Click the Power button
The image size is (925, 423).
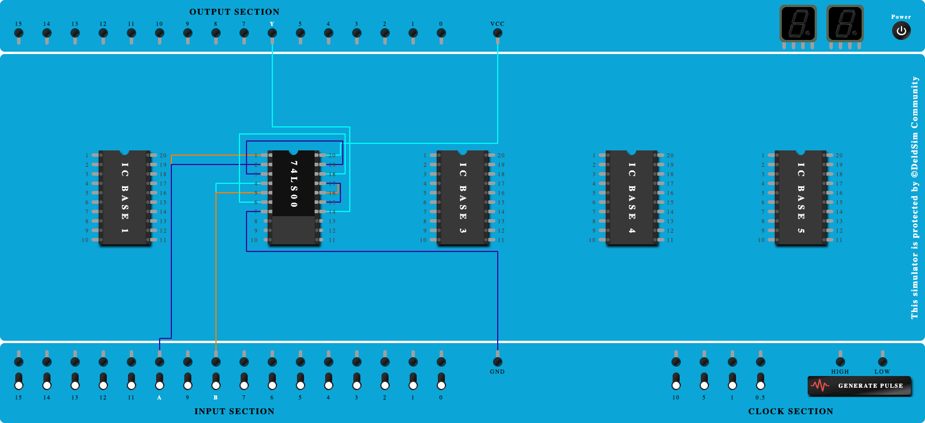click(901, 31)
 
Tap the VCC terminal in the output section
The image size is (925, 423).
click(498, 33)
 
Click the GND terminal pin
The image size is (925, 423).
click(498, 361)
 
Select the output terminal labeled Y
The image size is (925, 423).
click(272, 33)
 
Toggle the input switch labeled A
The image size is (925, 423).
click(160, 381)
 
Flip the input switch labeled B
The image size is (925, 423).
click(216, 381)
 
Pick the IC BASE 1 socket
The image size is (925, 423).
click(125, 197)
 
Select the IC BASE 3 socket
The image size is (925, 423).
click(463, 197)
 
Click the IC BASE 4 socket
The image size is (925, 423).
click(632, 197)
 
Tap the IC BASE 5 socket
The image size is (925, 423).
click(801, 197)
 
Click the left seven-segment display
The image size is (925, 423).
click(798, 24)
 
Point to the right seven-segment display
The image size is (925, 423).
click(845, 24)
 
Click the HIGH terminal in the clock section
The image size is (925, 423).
click(840, 361)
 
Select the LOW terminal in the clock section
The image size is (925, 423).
click(883, 361)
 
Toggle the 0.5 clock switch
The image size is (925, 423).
click(761, 381)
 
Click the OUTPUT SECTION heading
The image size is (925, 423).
click(234, 12)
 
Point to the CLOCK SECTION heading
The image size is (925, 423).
click(791, 411)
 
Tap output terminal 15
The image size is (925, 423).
click(19, 33)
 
